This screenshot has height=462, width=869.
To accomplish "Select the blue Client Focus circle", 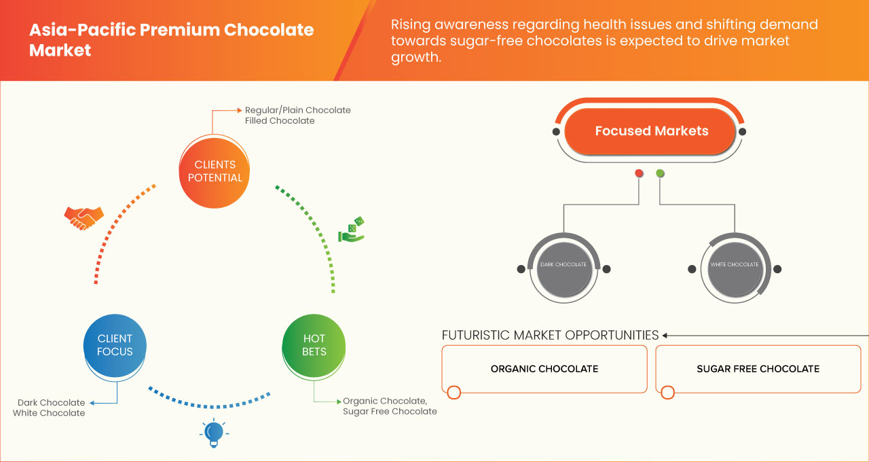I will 115,345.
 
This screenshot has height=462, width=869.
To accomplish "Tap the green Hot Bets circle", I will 314,345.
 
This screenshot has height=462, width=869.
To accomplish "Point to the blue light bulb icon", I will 214,432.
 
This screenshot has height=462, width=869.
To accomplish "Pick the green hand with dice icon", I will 352,230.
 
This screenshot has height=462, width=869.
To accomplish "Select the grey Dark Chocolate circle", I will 563,265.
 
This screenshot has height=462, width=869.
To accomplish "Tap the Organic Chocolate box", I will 544,369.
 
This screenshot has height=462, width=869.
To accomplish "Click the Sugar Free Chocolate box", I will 758,369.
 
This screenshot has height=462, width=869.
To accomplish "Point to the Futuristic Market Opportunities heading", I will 550,335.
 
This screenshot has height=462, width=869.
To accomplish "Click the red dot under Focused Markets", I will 639,173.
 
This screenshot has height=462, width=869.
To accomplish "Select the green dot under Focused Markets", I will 660,173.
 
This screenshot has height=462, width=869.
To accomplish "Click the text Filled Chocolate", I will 280,121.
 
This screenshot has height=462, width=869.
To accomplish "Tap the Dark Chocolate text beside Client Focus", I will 51,403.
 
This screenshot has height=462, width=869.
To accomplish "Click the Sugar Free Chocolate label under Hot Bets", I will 390,412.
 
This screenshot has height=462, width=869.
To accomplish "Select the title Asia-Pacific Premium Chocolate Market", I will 171,40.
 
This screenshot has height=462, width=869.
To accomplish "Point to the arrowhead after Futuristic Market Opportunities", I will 665,335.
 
